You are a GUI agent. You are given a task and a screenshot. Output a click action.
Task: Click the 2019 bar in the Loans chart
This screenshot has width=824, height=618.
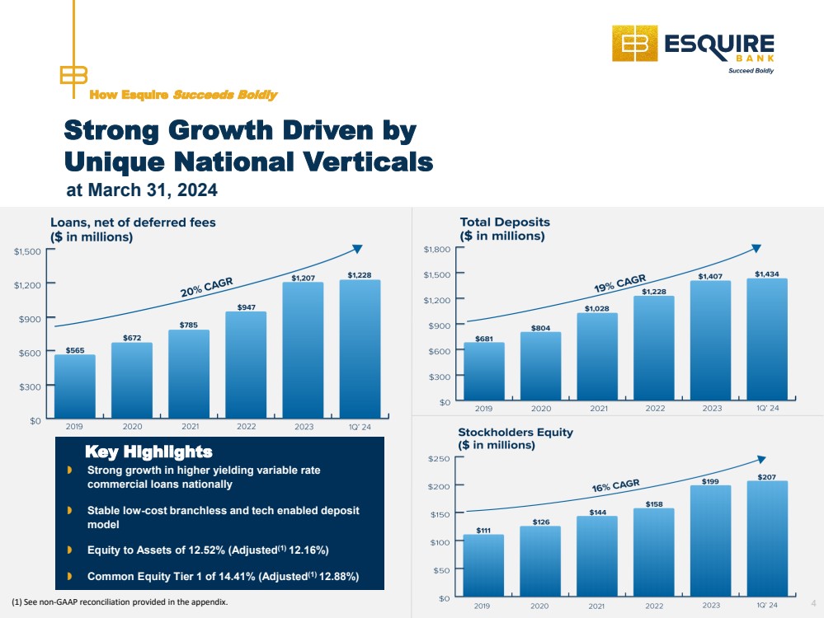click(75, 386)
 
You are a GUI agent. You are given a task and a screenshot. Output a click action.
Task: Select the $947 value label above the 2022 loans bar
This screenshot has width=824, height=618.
click(247, 307)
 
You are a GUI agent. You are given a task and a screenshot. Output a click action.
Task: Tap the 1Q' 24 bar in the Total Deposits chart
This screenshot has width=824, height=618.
click(767, 339)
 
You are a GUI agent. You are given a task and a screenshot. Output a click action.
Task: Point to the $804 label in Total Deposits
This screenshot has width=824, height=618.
click(541, 328)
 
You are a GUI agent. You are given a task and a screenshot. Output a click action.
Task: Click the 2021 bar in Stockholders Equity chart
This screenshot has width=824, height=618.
click(597, 556)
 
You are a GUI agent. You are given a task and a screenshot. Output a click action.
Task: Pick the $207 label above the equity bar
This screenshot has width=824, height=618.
click(767, 477)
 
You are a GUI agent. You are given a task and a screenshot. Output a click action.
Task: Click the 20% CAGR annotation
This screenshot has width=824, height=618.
click(206, 288)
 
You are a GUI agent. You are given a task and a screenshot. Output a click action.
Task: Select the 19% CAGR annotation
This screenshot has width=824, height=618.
click(620, 283)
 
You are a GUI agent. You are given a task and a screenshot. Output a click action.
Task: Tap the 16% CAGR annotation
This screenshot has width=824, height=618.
click(616, 485)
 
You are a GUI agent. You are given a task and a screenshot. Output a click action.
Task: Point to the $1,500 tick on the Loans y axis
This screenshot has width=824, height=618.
click(27, 251)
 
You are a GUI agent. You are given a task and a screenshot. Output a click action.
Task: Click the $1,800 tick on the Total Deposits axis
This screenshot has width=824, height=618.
click(437, 249)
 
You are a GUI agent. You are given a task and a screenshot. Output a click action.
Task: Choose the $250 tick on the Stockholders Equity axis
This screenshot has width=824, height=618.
click(440, 458)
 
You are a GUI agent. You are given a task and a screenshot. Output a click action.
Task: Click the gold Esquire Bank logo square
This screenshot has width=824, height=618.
click(635, 44)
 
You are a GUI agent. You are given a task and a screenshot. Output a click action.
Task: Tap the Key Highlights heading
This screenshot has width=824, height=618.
click(148, 452)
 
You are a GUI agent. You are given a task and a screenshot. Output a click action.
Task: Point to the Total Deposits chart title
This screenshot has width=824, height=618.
click(505, 222)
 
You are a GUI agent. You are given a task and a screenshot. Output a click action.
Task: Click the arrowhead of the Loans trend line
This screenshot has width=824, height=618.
click(357, 248)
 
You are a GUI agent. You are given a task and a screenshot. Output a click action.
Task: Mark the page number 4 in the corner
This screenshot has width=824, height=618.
click(813, 603)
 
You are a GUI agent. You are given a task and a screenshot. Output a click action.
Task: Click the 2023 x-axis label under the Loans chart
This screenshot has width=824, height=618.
click(304, 427)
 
